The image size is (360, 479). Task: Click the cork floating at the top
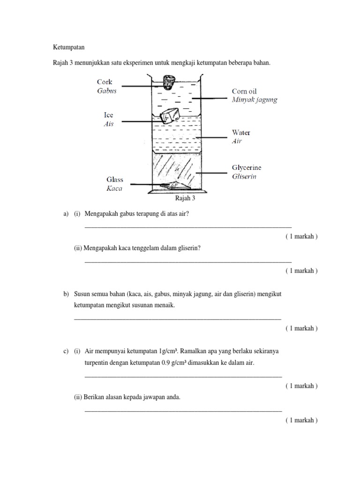[x=167, y=82]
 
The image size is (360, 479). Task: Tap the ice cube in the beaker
[x=169, y=116]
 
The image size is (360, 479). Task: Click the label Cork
[x=105, y=82]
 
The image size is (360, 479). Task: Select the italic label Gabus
[x=106, y=91]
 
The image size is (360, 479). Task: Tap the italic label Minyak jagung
[x=255, y=100]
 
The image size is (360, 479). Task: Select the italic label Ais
[x=108, y=124]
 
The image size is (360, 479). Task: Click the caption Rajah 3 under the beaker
[x=185, y=198]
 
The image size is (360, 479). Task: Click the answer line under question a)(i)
[x=187, y=227]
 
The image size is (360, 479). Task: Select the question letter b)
[x=66, y=294]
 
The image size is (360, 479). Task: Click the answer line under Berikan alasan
[x=183, y=411]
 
